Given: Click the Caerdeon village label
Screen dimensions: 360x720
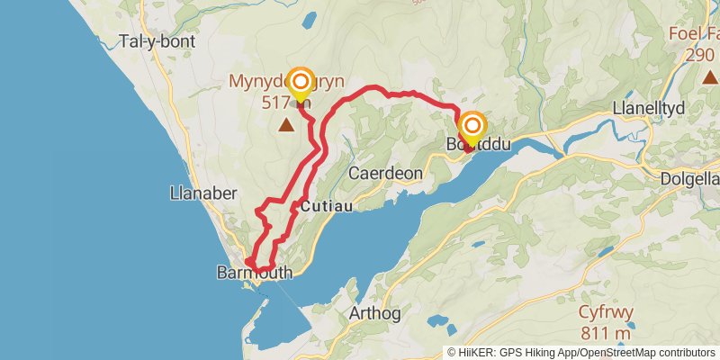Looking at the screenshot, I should pos(379,172).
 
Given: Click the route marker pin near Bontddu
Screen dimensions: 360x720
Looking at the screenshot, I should pos(472,127).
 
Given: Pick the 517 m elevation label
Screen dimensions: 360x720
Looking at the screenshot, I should pos(286,103).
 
